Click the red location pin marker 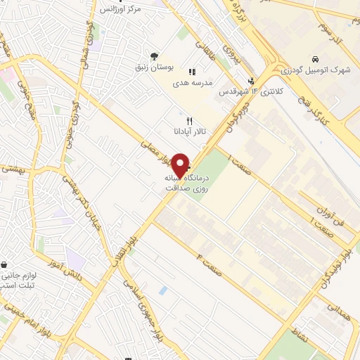click(181, 165)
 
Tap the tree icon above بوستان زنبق click(154, 56)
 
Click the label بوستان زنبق click(154, 67)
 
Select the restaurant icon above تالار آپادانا click(189, 121)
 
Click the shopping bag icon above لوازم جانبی click(6, 265)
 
